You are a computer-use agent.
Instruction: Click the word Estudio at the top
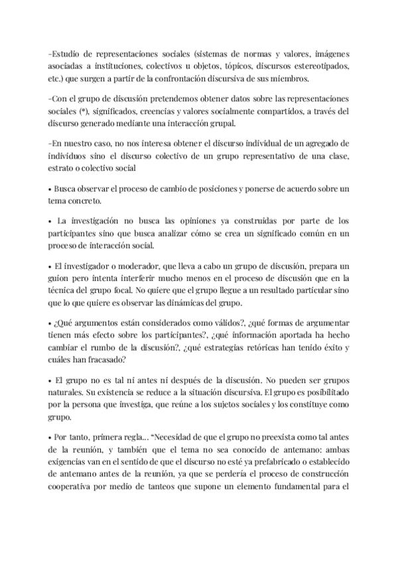[68, 54]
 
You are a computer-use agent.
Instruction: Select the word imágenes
[330, 54]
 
